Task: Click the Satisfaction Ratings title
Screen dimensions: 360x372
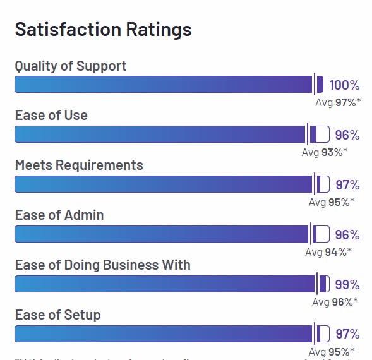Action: point(103,30)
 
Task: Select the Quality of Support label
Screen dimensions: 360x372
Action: point(71,66)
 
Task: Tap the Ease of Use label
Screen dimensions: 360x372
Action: point(51,115)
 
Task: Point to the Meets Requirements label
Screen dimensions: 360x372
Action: point(79,165)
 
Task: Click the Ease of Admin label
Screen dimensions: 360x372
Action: point(59,215)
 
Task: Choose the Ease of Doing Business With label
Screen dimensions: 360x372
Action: point(102,265)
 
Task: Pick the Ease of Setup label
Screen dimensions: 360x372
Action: point(57,315)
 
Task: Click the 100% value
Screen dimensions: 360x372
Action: point(344,85)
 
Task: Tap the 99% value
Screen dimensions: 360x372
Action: point(347,284)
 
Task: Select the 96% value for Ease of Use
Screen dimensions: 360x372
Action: point(347,135)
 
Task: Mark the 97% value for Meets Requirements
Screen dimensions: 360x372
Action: point(347,185)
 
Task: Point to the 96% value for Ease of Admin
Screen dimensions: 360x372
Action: point(347,235)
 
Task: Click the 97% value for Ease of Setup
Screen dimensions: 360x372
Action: point(347,334)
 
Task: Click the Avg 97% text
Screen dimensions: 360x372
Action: point(338,102)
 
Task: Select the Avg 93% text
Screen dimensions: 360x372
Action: point(324,152)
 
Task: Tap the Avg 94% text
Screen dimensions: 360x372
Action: point(328,252)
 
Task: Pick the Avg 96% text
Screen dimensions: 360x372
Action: point(335,302)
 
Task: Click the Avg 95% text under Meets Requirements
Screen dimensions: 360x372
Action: point(331,202)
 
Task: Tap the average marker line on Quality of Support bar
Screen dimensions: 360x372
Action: point(313,84)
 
